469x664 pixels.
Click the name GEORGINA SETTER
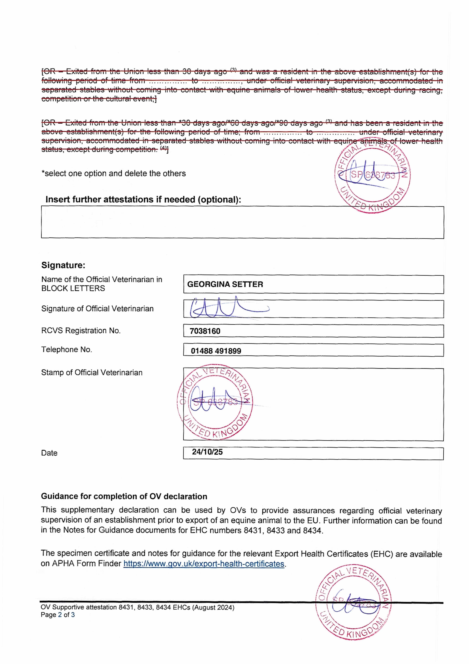pyautogui.click(x=225, y=284)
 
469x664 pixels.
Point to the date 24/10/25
pyautogui.click(x=207, y=452)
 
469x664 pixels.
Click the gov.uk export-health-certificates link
pyautogui.click(x=204, y=564)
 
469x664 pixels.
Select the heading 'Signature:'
pyautogui.click(x=63, y=265)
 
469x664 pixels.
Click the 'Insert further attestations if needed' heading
pyautogui.click(x=143, y=200)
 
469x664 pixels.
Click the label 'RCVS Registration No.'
pyautogui.click(x=81, y=331)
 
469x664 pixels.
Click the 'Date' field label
pyautogui.click(x=49, y=453)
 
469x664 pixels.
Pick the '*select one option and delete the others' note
pyautogui.click(x=114, y=174)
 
